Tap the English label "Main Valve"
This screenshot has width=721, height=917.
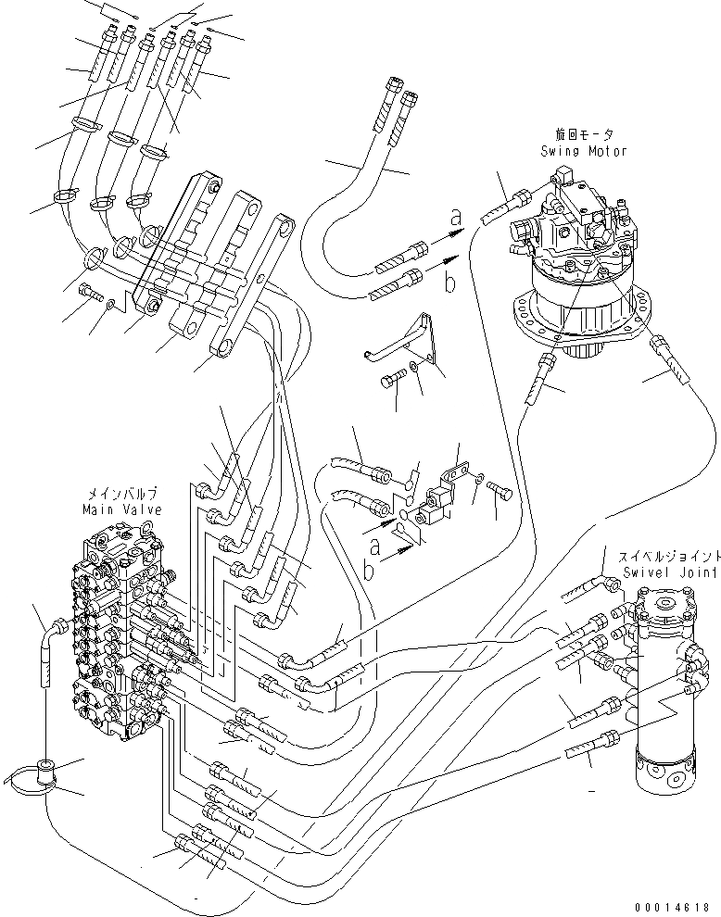[121, 509]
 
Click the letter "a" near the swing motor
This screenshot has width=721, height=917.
[455, 219]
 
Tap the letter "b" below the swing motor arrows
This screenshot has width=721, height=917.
[449, 283]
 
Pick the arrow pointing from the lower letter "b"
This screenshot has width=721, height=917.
[395, 556]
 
